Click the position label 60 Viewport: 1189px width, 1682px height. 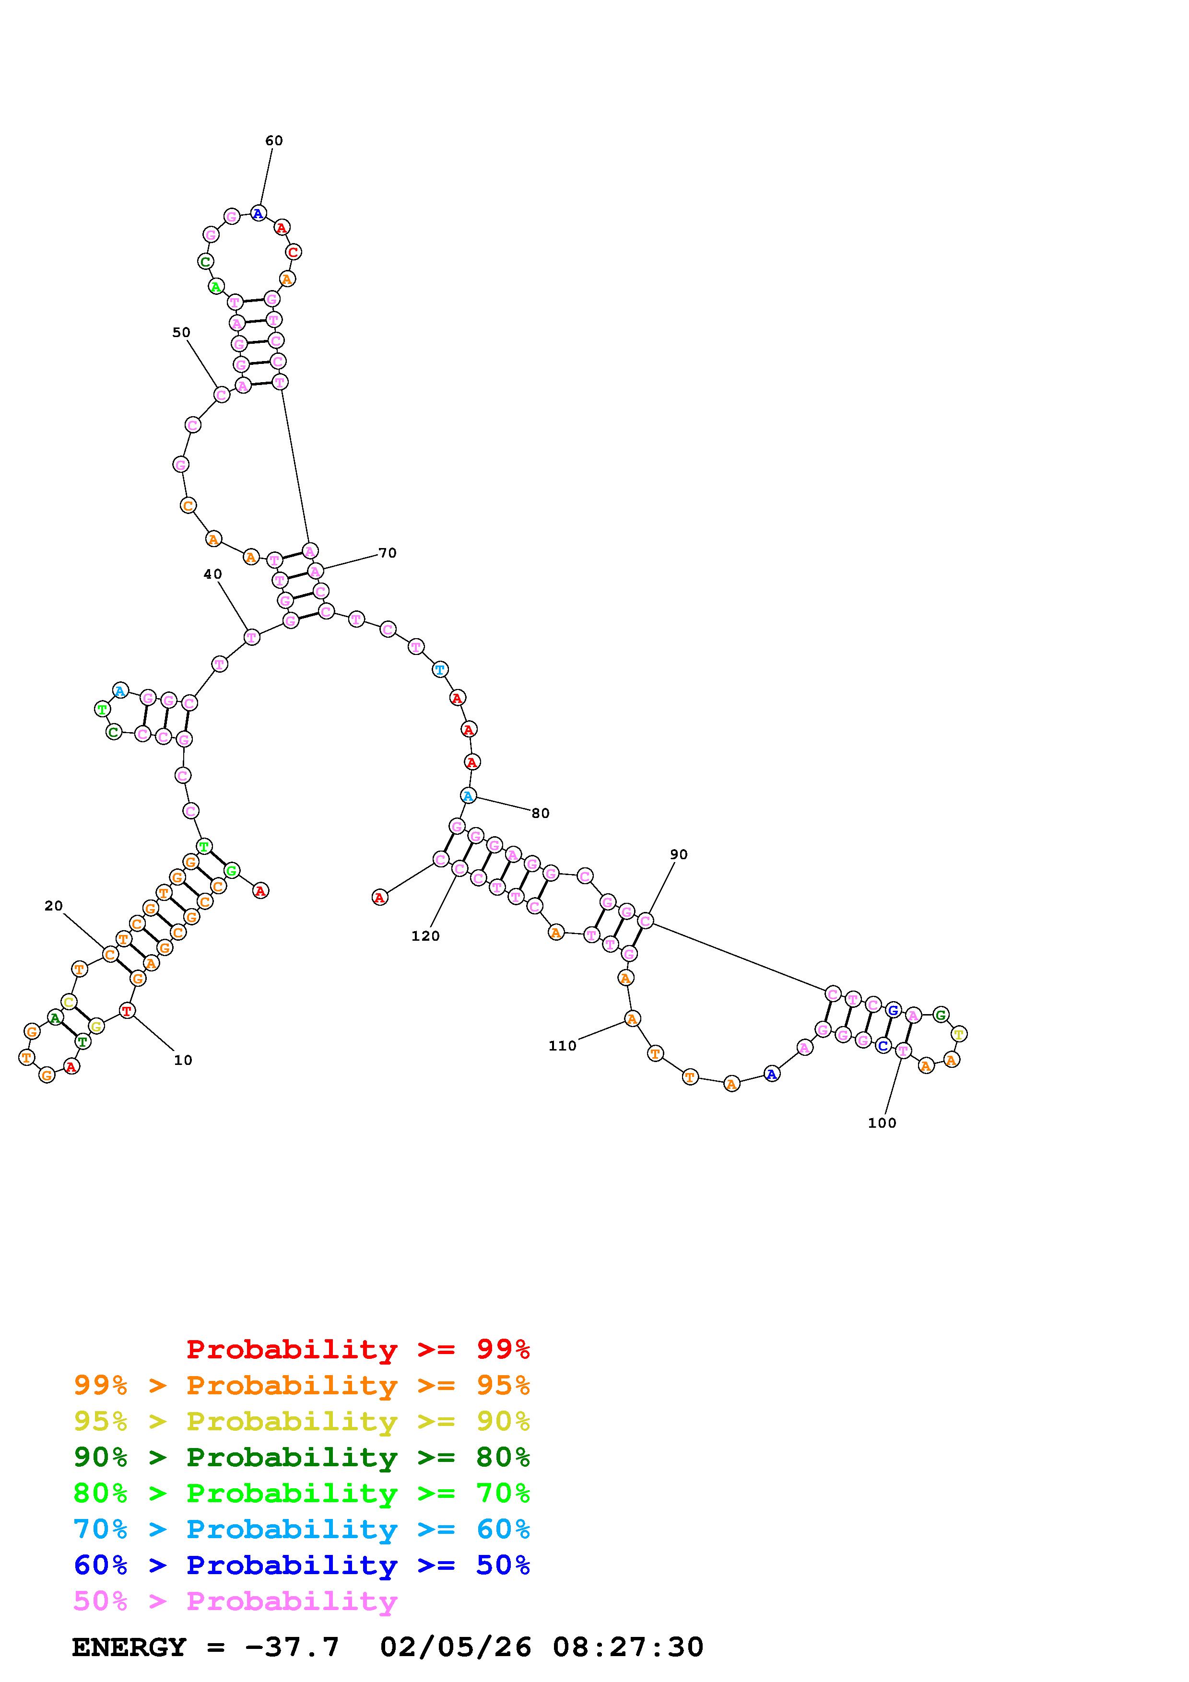(x=274, y=140)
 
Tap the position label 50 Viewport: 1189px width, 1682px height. (x=181, y=333)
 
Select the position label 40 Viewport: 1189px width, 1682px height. (x=212, y=574)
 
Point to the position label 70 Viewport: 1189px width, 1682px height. (x=388, y=553)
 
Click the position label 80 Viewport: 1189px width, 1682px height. (x=541, y=813)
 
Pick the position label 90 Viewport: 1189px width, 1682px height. (x=679, y=854)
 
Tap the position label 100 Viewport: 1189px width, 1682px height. (x=882, y=1123)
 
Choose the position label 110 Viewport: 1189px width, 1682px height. (x=563, y=1046)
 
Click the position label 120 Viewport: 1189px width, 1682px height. (x=425, y=936)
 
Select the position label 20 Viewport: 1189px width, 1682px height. (x=54, y=906)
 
